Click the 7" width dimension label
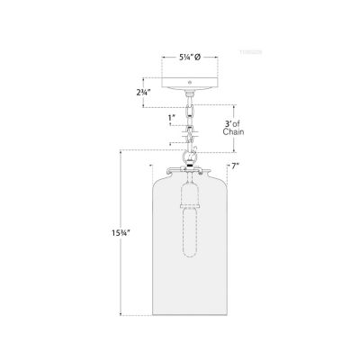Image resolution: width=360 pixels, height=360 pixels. click(234, 167)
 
